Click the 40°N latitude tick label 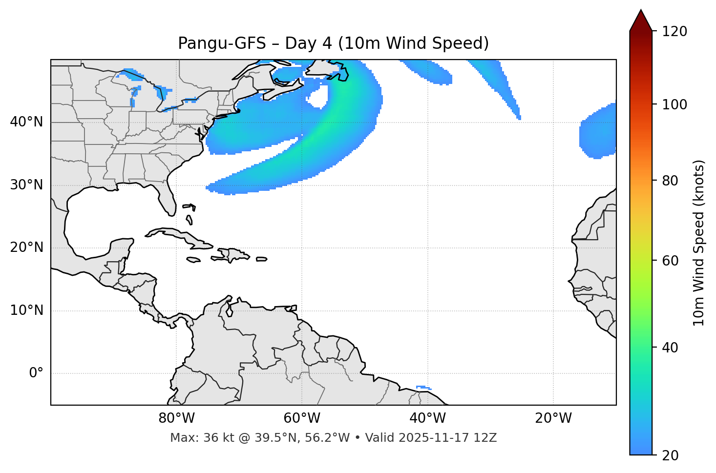click(26, 122)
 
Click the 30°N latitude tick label click(26, 185)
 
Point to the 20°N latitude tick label click(26, 247)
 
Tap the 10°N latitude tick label click(26, 310)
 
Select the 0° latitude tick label click(36, 373)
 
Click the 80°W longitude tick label click(176, 418)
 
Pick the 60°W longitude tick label click(302, 418)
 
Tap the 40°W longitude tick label click(427, 418)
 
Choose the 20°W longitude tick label click(553, 418)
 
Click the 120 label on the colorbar click(674, 32)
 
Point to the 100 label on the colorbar click(674, 104)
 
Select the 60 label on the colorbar click(670, 261)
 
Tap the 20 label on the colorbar click(670, 455)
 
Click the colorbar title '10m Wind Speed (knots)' click(699, 243)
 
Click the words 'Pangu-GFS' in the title click(221, 43)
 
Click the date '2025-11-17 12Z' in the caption click(447, 438)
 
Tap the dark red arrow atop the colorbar click(640, 21)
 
